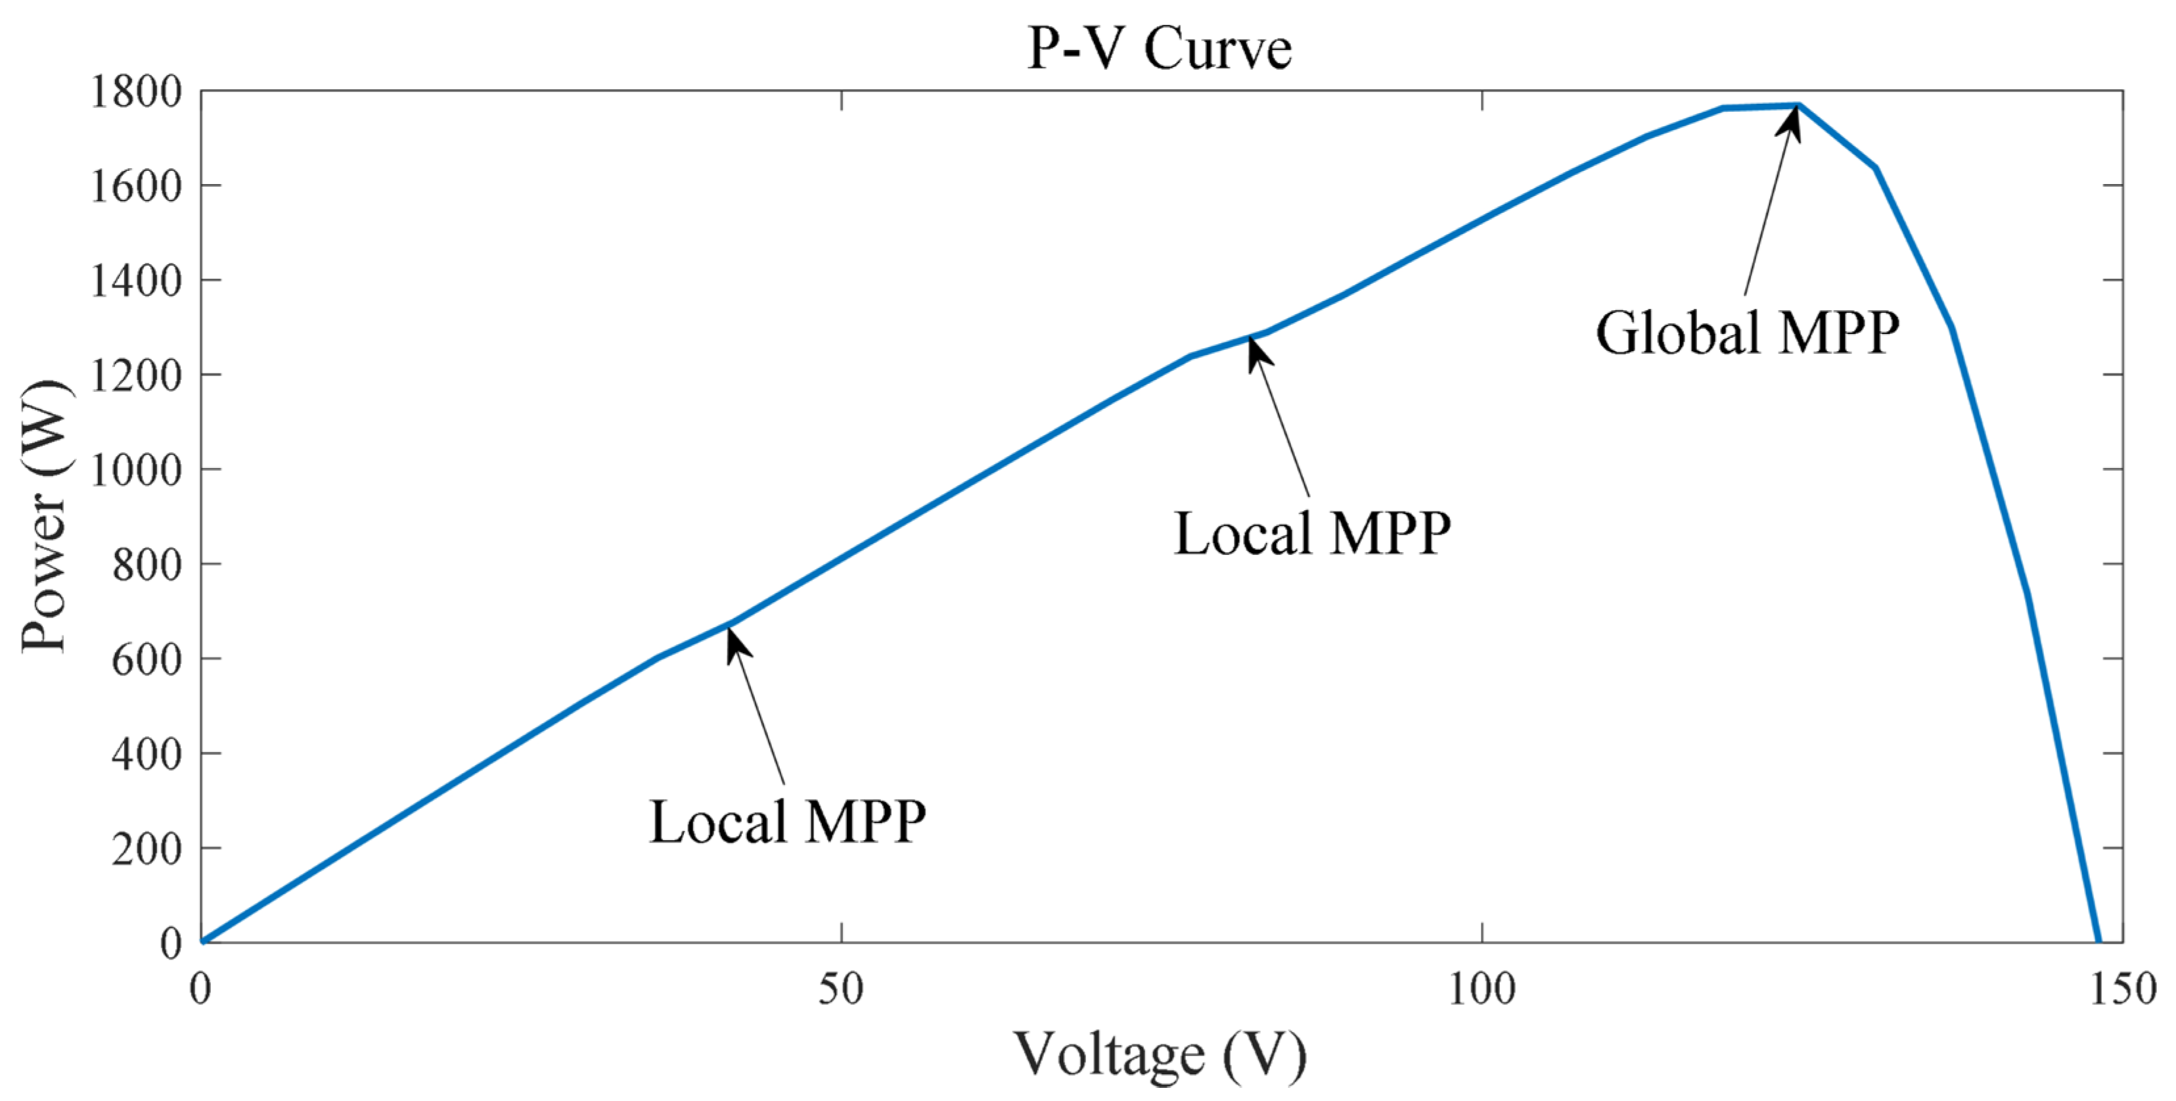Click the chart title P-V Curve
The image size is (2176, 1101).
point(1159,47)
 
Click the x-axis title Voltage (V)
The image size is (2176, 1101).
point(1160,1054)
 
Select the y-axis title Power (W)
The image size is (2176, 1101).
point(44,517)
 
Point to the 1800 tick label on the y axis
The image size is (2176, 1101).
point(135,91)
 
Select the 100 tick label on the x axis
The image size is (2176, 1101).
point(1482,988)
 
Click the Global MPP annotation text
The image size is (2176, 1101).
point(1747,332)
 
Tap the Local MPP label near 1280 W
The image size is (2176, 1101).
point(1312,533)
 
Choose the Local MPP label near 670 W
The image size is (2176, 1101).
point(787,822)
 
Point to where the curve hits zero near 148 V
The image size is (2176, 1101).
point(2098,941)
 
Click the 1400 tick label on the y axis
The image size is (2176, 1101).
point(135,281)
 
